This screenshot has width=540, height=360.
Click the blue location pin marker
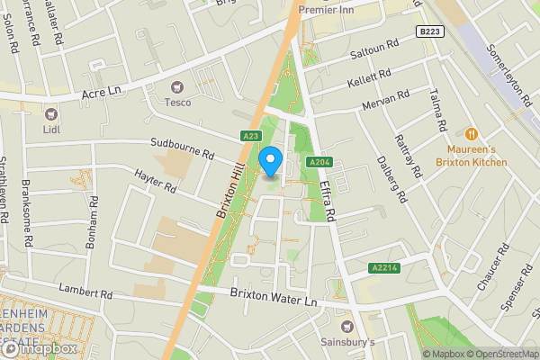click(271, 163)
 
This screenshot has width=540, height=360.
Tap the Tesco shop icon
click(176, 87)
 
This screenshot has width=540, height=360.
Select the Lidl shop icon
click(50, 113)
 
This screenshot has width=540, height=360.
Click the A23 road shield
click(251, 137)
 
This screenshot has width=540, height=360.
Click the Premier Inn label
click(328, 11)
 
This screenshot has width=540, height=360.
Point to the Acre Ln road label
click(100, 93)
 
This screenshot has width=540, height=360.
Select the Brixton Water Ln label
click(274, 294)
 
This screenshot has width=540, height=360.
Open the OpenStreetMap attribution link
click(495, 354)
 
